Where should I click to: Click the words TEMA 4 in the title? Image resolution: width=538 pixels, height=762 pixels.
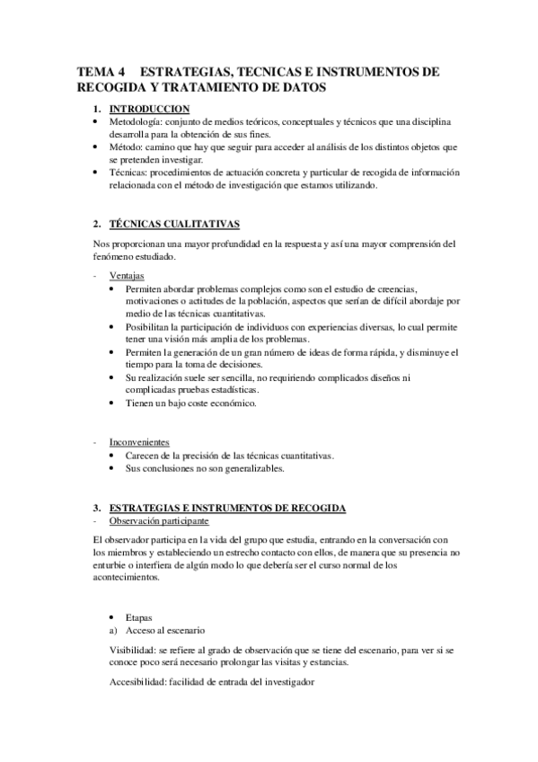[100, 72]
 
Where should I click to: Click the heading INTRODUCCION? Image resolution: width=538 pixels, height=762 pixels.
[148, 109]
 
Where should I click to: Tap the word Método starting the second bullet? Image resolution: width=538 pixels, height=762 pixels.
[127, 146]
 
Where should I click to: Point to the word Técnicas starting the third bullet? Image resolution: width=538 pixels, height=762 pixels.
[129, 173]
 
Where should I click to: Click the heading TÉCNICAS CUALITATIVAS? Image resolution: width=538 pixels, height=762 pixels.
[173, 222]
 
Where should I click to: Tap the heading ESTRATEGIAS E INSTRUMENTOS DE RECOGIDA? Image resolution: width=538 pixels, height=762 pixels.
[227, 508]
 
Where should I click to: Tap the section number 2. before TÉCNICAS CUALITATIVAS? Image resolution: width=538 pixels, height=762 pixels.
[96, 222]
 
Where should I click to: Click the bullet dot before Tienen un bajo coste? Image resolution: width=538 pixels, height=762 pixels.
[110, 404]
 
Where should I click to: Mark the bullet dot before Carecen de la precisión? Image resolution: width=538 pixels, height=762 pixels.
[110, 456]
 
